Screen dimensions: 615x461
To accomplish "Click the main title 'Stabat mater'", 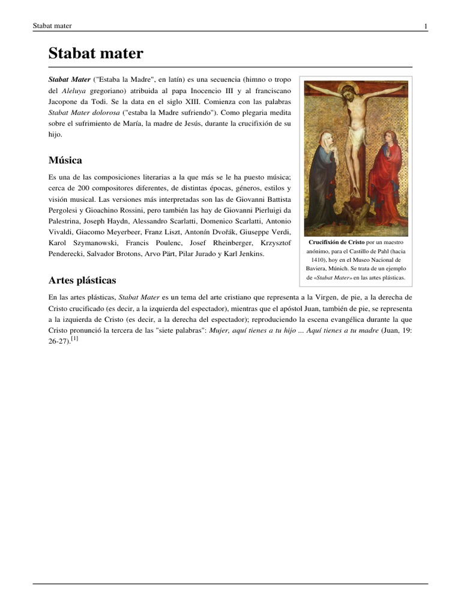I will pyautogui.click(x=95, y=54).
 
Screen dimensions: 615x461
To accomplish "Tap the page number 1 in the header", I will pyautogui.click(x=426, y=26).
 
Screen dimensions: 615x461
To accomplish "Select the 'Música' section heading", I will pyautogui.click(x=65, y=160).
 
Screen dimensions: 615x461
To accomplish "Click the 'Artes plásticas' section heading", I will pyautogui.click(x=82, y=280).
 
